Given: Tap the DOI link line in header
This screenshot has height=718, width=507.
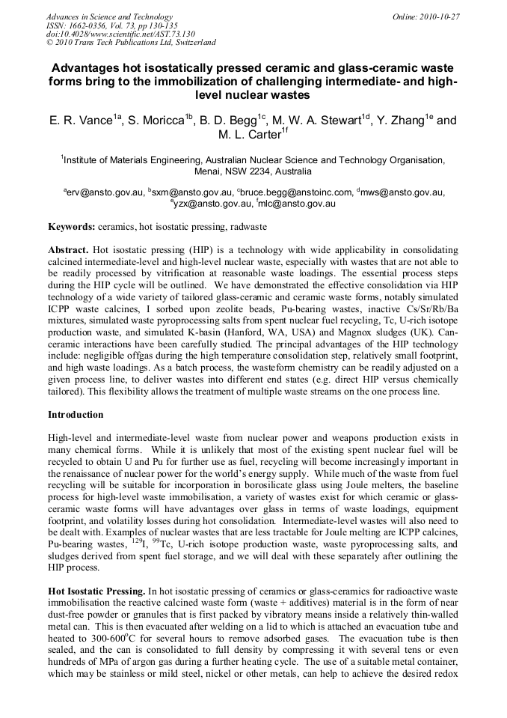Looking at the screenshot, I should click(x=120, y=34).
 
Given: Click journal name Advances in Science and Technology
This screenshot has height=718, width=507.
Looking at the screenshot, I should click(x=109, y=16).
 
